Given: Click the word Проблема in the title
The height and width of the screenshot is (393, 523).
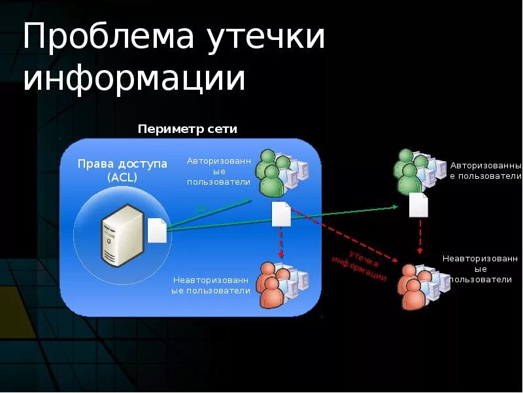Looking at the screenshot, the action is click(109, 38).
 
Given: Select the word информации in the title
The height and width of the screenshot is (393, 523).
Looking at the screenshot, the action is click(134, 79).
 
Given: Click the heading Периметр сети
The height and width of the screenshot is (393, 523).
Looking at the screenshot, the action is click(187, 129).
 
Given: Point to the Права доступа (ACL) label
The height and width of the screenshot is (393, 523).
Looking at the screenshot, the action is click(123, 170).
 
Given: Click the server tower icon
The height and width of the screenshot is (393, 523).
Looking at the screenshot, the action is click(122, 234).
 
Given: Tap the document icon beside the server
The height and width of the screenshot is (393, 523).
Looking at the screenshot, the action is click(157, 230).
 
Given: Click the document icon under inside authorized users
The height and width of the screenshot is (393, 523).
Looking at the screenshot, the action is click(281, 214).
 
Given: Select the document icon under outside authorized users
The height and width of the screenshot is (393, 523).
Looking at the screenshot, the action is click(418, 205).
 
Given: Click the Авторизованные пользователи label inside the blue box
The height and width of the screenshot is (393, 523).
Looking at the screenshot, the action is click(218, 171).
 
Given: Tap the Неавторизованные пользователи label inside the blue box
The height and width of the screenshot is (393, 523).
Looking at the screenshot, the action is click(211, 285).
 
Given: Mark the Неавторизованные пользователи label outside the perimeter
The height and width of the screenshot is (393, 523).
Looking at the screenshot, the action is click(481, 269).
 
